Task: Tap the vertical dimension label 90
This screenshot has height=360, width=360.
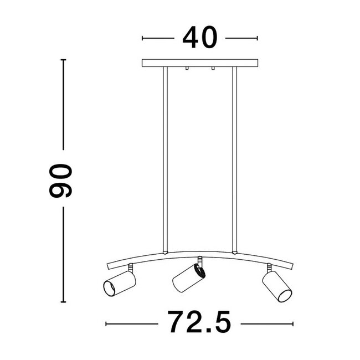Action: [x=60, y=181]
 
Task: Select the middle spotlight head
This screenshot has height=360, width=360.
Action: [x=187, y=278]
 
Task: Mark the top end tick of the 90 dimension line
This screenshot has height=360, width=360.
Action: [x=64, y=59]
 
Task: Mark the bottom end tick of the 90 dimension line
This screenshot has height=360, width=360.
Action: [x=64, y=302]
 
